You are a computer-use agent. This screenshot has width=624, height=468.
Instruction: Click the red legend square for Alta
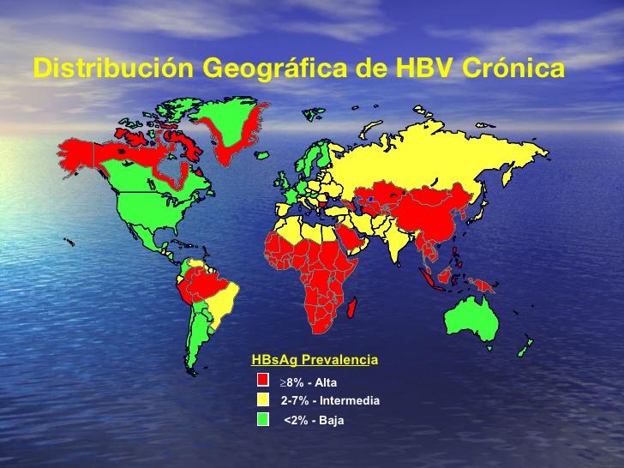point(263,380)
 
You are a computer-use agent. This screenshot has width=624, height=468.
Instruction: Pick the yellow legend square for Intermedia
point(263,399)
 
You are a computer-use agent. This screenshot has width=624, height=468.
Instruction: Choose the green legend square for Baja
point(263,419)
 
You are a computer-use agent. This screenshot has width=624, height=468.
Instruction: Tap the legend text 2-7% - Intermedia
point(330,400)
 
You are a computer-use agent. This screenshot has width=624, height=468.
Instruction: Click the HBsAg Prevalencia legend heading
point(314,360)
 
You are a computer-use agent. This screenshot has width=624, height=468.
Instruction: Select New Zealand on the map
point(525,346)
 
